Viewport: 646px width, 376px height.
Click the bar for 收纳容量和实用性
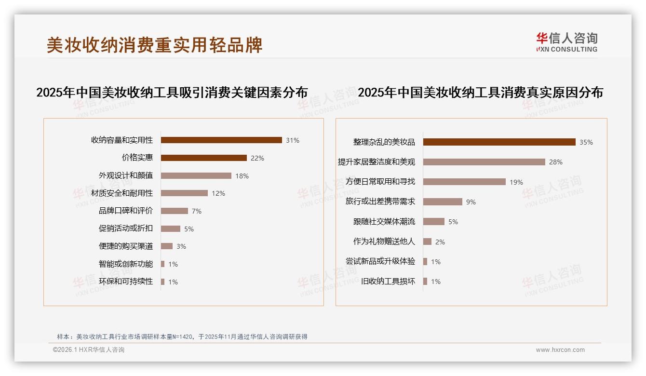tap(221, 140)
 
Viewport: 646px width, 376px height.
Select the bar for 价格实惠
tap(203, 158)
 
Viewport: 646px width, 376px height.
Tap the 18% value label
tap(242, 176)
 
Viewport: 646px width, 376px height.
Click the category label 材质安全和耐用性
tap(122, 193)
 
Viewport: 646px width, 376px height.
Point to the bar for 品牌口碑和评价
tap(175, 211)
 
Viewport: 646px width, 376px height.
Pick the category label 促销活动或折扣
tap(126, 228)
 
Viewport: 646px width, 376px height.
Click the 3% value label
tap(181, 246)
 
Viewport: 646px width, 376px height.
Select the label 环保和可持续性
tap(126, 282)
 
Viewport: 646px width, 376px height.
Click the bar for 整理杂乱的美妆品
tap(499, 142)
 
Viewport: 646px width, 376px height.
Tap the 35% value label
tap(586, 142)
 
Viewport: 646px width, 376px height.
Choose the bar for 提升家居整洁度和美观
tap(484, 162)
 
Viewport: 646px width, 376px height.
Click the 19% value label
tap(516, 182)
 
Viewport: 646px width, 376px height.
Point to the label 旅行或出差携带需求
tap(380, 201)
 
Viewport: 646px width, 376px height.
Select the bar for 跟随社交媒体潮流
tap(434, 222)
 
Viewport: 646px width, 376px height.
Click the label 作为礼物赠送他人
tap(384, 242)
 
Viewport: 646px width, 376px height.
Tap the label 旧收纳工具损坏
tap(388, 282)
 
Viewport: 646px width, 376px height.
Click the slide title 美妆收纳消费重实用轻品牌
tap(154, 45)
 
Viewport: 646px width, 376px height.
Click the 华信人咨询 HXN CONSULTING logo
tap(566, 42)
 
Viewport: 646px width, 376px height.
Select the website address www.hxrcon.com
tap(560, 350)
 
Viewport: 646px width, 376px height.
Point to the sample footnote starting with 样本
tap(182, 336)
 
